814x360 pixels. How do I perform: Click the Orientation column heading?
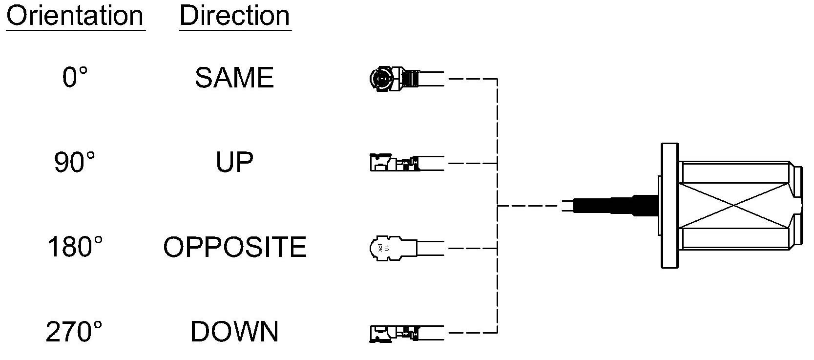[75, 17]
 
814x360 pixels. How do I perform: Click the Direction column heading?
[235, 17]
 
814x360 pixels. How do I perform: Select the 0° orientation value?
[75, 78]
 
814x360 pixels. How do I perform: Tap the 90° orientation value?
[75, 162]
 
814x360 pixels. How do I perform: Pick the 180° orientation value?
[75, 247]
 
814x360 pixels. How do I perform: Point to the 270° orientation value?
[74, 332]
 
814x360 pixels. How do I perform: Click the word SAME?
[234, 78]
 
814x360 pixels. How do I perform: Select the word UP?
[234, 162]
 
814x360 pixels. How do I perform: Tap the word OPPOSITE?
[235, 247]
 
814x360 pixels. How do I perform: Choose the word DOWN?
[234, 332]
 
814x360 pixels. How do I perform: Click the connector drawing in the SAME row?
[406, 79]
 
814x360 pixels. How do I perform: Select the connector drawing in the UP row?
[406, 163]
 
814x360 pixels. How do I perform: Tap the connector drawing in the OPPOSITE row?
[406, 248]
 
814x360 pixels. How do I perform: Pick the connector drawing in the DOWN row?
[406, 333]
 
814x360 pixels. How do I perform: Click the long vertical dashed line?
[497, 206]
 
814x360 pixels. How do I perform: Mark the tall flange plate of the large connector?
[669, 206]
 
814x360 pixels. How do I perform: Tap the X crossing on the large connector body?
[734, 206]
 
